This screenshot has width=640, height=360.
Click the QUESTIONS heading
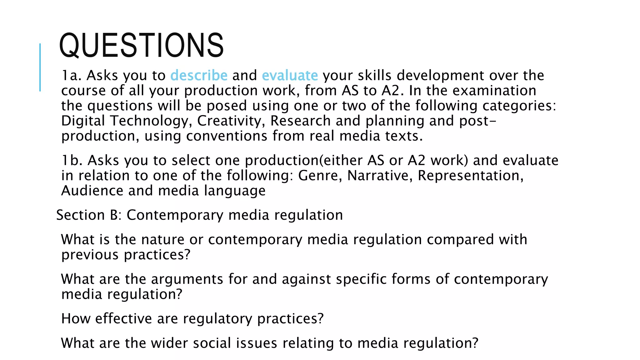pos(141,46)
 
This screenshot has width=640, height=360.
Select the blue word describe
pos(199,75)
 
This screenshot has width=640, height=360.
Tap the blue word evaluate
pos(290,75)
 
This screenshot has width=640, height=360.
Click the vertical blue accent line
pos(40,67)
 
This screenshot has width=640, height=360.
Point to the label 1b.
pos(72,160)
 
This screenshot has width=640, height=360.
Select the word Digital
pos(82,121)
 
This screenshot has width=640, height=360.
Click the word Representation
pos(470,176)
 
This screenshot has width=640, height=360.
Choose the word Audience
pos(92,191)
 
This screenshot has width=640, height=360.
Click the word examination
pos(494,91)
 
